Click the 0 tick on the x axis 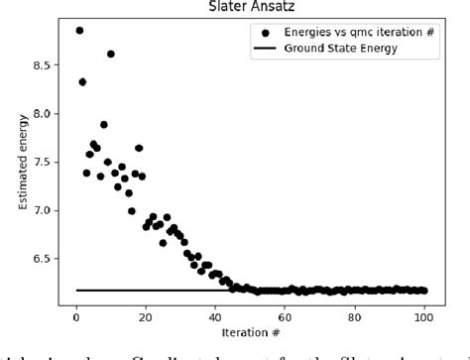pyautogui.click(x=76, y=316)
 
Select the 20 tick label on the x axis pyautogui.click(x=146, y=316)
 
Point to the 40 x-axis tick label pyautogui.click(x=216, y=316)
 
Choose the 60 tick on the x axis pyautogui.click(x=286, y=316)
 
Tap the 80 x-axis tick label pyautogui.click(x=355, y=316)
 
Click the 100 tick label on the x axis pyautogui.click(x=424, y=316)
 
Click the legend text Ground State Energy pyautogui.click(x=335, y=48)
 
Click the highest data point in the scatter pyautogui.click(x=79, y=31)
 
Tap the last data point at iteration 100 pyautogui.click(x=424, y=291)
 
